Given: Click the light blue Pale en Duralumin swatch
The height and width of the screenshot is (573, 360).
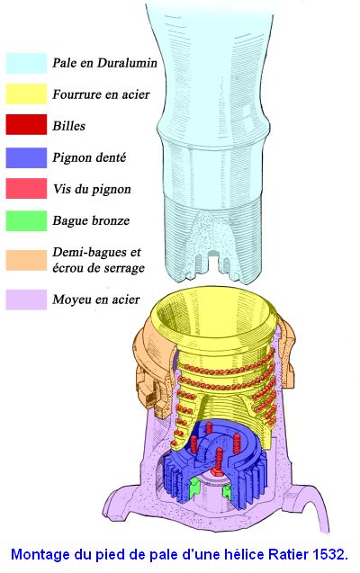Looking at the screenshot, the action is [26, 63].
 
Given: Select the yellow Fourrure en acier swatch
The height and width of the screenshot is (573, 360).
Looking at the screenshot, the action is [26, 94].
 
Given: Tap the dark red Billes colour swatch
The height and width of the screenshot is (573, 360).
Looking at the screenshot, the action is [26, 124].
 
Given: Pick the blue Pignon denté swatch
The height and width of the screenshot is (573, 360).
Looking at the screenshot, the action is [26, 157].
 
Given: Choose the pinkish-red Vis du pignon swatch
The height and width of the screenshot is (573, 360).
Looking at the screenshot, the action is [26, 188].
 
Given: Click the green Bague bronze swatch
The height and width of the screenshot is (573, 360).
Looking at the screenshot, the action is [26, 220].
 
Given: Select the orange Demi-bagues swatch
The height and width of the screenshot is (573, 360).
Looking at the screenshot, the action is [26, 260].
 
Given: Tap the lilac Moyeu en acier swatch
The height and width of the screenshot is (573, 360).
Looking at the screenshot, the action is [26, 300].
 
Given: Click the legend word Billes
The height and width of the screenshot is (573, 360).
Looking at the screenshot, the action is [68, 126].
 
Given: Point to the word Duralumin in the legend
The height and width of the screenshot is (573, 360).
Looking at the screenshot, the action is [127, 62].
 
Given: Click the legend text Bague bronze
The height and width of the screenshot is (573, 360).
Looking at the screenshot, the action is [91, 220].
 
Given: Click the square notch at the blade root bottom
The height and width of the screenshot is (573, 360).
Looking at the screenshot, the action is [211, 260].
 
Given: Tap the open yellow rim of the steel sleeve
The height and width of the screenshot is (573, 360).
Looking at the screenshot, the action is [216, 318].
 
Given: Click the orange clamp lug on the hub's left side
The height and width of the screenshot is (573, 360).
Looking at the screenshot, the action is [148, 388].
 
